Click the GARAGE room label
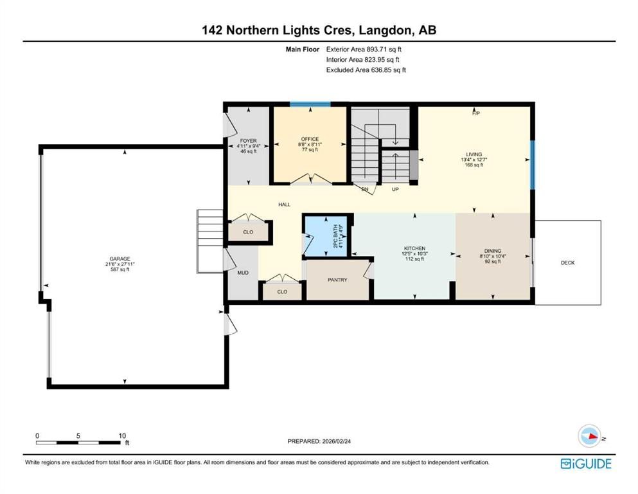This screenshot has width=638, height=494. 120,259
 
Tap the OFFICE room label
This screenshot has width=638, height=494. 310,140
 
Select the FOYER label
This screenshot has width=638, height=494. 248,141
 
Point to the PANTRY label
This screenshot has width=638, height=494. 337,280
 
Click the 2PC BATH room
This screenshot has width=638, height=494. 326,235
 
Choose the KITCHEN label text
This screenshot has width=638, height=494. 414,248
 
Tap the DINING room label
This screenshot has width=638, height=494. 492,251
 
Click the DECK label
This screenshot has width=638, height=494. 567,263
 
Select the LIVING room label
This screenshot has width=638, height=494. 474,154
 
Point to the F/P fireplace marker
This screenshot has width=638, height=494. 475,113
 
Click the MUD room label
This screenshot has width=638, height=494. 243,273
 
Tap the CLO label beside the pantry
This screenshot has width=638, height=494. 282,292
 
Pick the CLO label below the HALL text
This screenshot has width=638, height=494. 248,232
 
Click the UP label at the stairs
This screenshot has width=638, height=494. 395,189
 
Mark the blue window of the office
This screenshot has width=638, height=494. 310,105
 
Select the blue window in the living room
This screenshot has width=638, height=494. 532,165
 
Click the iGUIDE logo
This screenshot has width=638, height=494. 586,464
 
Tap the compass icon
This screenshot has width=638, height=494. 590,436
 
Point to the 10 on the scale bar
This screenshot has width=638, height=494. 122,435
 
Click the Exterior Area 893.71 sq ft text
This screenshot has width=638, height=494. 364,50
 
